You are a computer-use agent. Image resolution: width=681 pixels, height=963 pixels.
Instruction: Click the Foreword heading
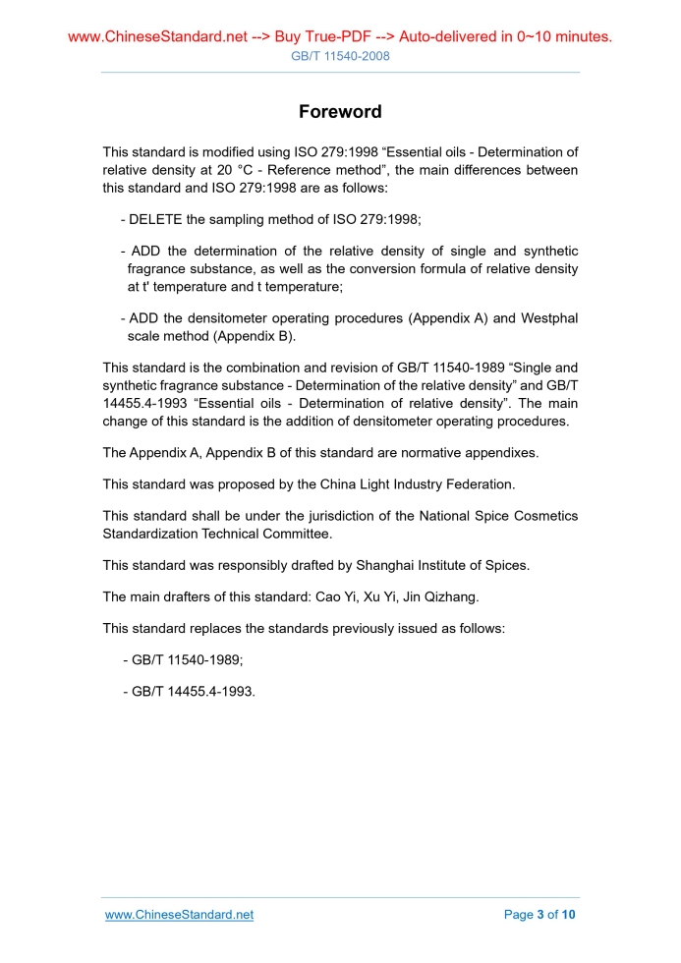pyautogui.click(x=340, y=112)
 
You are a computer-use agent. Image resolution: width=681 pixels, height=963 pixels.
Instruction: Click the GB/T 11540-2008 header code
pyautogui.click(x=340, y=56)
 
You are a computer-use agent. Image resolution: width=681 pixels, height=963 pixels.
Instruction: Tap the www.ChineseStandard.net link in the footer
pyautogui.click(x=179, y=915)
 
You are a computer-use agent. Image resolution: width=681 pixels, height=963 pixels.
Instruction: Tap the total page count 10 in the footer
pyautogui.click(x=569, y=915)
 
